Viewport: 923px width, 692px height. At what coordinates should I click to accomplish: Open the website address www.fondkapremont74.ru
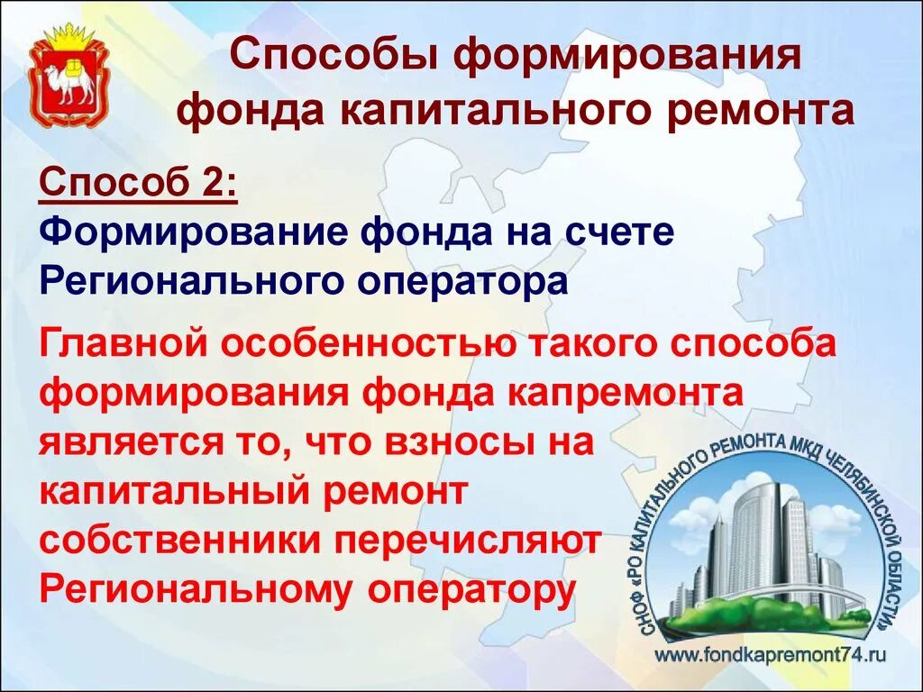coord(771,655)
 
